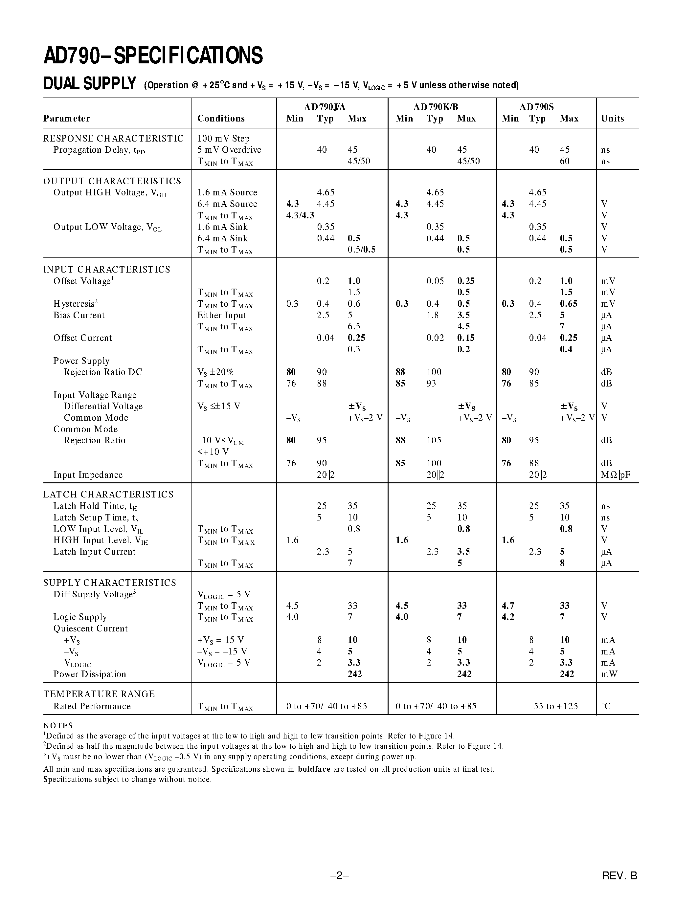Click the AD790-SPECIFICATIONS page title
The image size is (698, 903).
pyautogui.click(x=153, y=55)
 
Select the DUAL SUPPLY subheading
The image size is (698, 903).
pyautogui.click(x=90, y=84)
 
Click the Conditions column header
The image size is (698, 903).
pyautogui.click(x=221, y=119)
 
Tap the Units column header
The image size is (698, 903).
pyautogui.click(x=612, y=119)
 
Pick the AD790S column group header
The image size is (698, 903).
pyautogui.click(x=536, y=107)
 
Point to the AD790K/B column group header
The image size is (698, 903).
pyautogui.click(x=436, y=107)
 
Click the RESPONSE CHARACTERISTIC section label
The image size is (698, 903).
pyautogui.click(x=113, y=139)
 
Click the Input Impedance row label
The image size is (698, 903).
pyautogui.click(x=88, y=475)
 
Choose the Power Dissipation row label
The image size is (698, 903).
pyautogui.click(x=90, y=674)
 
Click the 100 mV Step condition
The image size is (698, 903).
pyautogui.click(x=223, y=139)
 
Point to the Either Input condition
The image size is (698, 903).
pyautogui.click(x=222, y=316)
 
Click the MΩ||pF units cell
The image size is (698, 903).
pyautogui.click(x=615, y=475)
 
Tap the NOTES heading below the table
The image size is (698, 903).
pyautogui.click(x=58, y=726)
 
